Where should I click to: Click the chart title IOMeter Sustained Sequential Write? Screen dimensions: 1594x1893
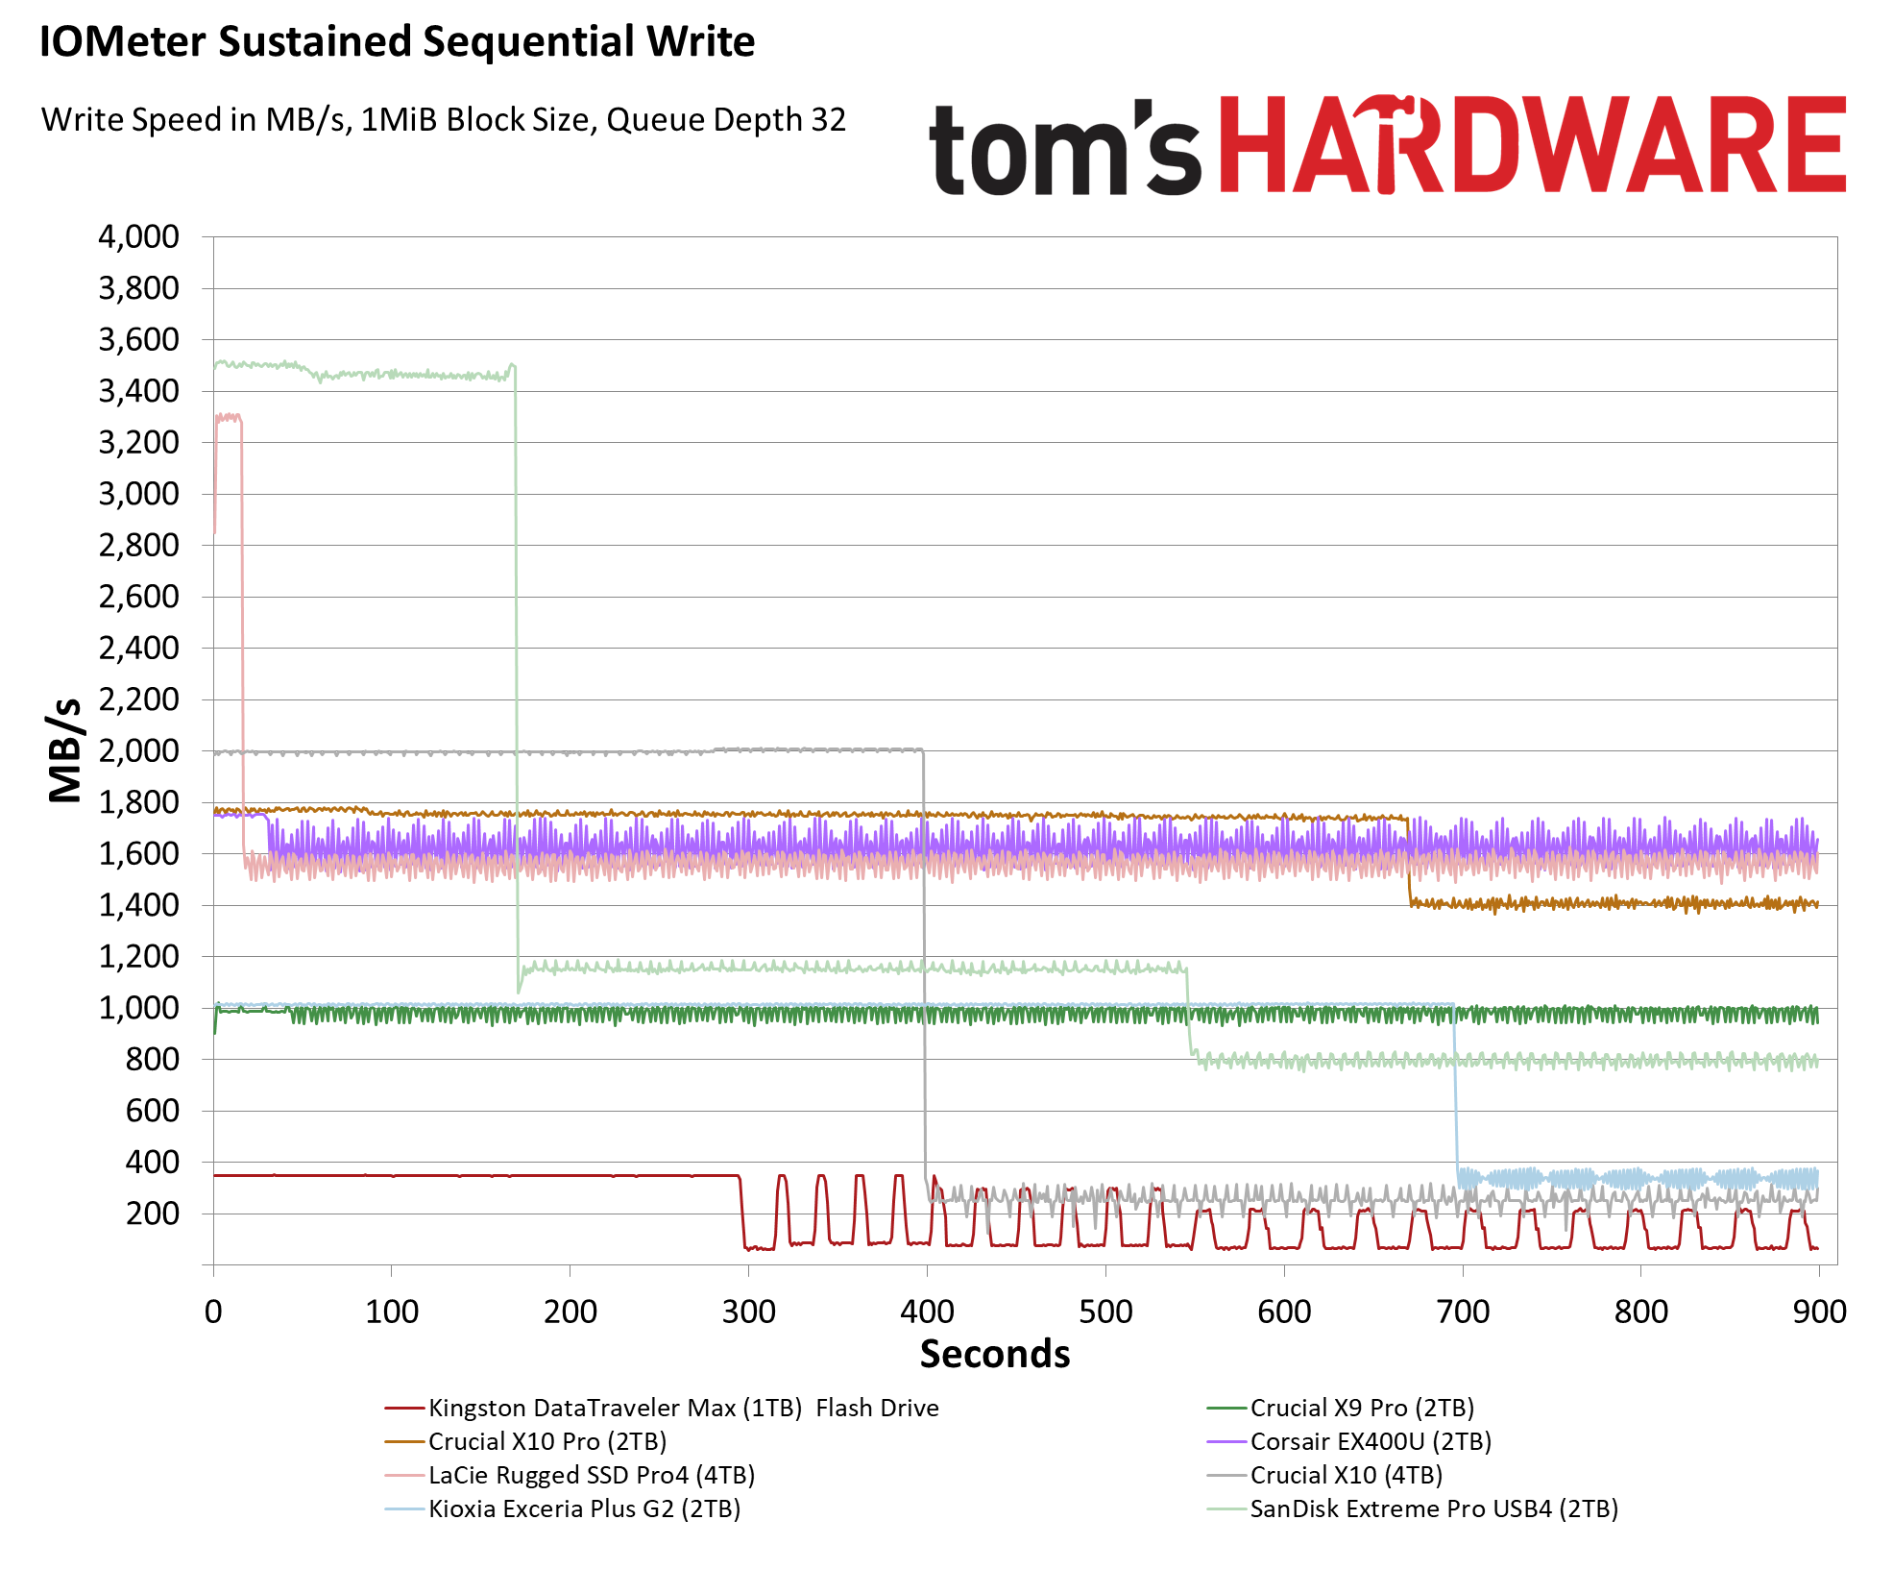[x=397, y=42]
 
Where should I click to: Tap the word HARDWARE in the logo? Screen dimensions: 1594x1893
[x=1533, y=146]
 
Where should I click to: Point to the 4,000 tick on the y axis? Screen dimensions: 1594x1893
[x=138, y=237]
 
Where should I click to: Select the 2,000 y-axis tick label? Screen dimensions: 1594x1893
[x=138, y=751]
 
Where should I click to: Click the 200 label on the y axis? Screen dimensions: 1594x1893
[x=152, y=1214]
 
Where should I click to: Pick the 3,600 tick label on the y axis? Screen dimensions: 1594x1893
[x=138, y=340]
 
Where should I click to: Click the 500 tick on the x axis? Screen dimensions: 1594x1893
[x=1105, y=1312]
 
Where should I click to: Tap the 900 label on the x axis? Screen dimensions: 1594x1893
[x=1819, y=1312]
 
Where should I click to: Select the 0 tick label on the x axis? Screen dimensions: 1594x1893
[x=213, y=1312]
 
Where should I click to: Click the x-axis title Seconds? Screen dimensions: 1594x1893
[x=995, y=1354]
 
